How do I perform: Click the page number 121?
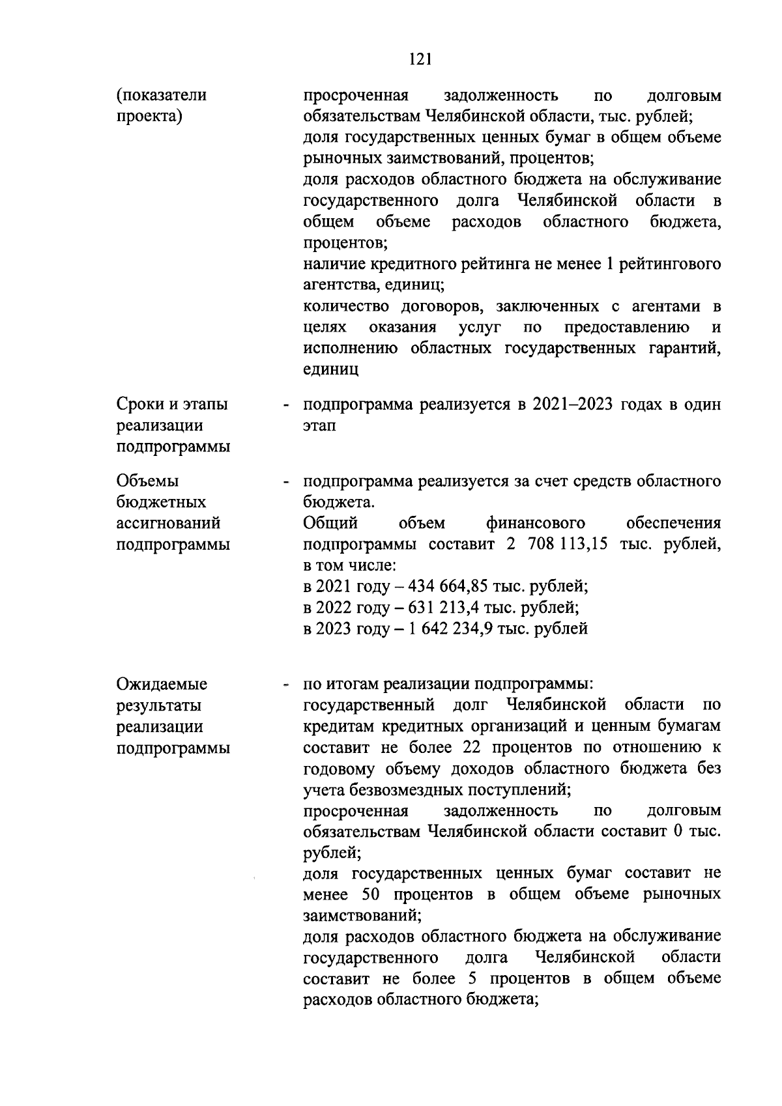tap(420, 59)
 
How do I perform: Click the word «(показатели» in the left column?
tap(161, 95)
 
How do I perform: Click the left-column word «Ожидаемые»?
tap(162, 685)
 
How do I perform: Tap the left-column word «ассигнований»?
tap(168, 524)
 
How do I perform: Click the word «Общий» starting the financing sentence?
tap(330, 524)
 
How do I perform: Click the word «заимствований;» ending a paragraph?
tap(362, 916)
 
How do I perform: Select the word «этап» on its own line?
tap(320, 426)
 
